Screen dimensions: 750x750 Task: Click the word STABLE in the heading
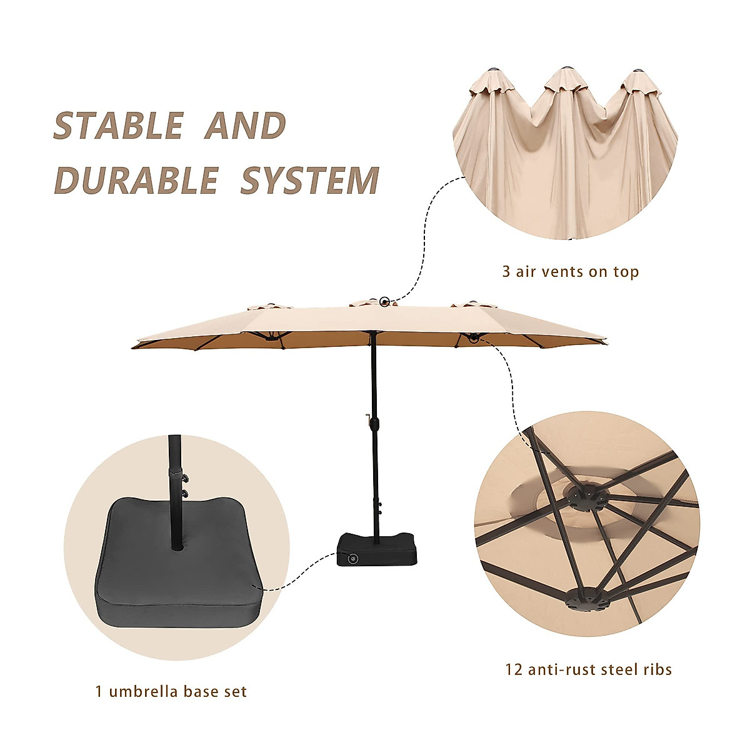[119, 126]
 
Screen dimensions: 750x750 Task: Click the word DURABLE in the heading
[136, 181]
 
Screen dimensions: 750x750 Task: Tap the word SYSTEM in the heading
[310, 181]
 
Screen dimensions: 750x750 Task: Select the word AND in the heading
[245, 126]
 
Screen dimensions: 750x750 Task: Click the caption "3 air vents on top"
[570, 272]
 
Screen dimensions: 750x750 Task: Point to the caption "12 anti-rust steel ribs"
[588, 670]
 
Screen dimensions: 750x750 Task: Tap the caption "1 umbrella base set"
[171, 692]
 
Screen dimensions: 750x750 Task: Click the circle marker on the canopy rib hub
[473, 338]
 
